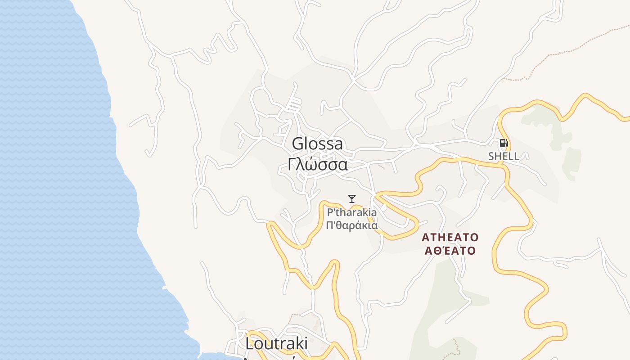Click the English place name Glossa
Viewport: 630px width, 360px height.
317,144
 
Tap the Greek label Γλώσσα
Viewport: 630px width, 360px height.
317,165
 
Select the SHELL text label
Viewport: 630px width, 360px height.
504,157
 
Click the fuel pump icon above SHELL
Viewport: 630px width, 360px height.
504,144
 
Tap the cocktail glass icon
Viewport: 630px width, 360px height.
352,198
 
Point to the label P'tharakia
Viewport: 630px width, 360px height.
352,212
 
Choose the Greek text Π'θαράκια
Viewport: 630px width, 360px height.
352,225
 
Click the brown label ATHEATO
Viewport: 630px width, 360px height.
450,237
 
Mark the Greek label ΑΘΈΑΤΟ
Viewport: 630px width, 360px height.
450,251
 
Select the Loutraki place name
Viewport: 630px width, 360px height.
277,344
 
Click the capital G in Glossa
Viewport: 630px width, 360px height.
297,144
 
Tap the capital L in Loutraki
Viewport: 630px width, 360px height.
250,344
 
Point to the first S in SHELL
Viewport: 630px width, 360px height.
491,157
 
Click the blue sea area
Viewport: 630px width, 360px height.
54,180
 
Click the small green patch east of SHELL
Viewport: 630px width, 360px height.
571,162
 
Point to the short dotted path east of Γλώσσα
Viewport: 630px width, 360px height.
381,166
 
